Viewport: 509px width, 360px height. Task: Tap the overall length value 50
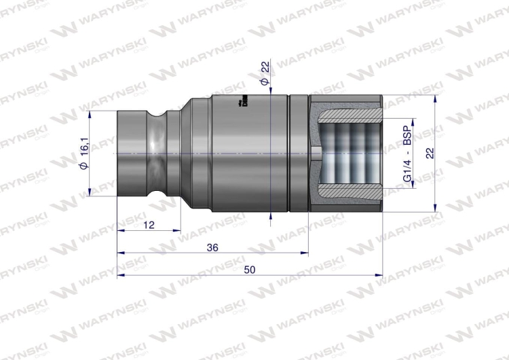[x=249, y=270]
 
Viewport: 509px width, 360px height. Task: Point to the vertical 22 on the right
[x=429, y=154]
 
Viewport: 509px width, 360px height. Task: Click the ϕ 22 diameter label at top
[x=265, y=73]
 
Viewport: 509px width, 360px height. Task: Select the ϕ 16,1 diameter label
[x=84, y=154]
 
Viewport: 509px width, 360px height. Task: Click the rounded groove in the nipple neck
[x=160, y=154]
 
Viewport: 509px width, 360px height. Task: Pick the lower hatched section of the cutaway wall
[x=346, y=202]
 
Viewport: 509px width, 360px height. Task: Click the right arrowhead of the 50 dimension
[x=379, y=275]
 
